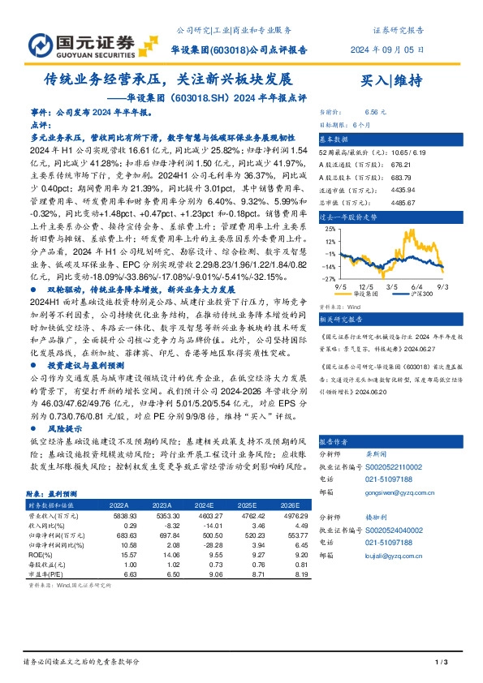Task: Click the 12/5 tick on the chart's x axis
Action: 366,286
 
